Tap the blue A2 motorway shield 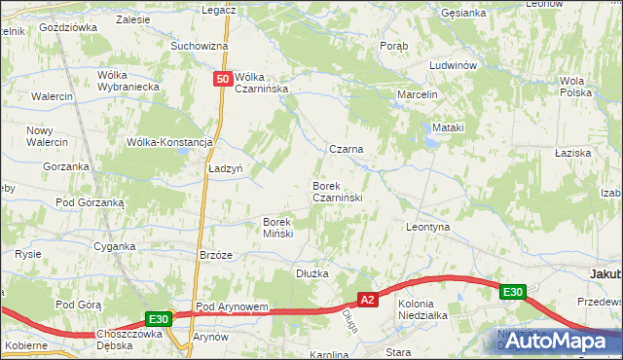pos(367,301)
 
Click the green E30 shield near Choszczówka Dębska pos(160,318)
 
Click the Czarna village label pos(346,149)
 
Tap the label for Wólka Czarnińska pos(264,83)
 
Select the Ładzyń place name pos(225,167)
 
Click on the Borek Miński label pos(285,227)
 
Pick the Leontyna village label pos(427,226)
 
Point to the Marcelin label pos(418,94)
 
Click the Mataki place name pos(449,127)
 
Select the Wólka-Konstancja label pos(169,141)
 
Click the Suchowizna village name pos(199,46)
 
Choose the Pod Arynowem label pos(232,306)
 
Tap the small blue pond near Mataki pos(429,143)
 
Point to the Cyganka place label pos(114,246)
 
